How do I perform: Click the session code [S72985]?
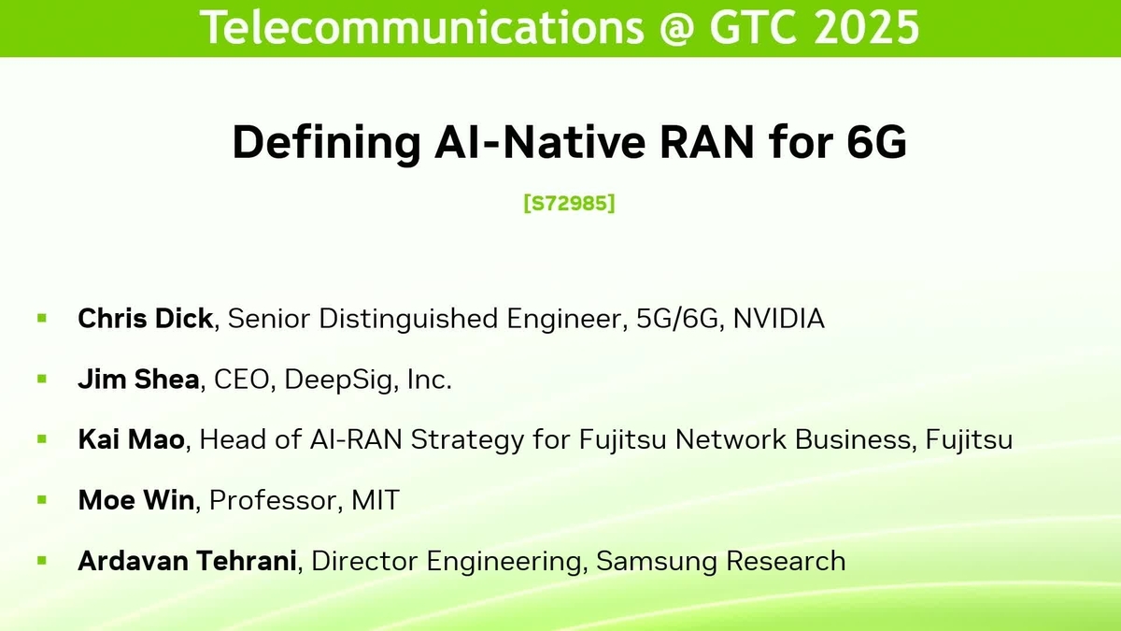click(x=569, y=203)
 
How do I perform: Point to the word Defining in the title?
click(x=317, y=143)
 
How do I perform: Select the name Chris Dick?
click(x=145, y=319)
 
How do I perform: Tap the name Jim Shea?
click(x=138, y=380)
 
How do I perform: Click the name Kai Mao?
click(x=131, y=440)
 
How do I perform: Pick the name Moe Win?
click(x=136, y=500)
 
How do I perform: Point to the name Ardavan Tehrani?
click(x=188, y=561)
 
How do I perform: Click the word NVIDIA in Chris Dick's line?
click(x=778, y=319)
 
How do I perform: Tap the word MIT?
click(x=376, y=500)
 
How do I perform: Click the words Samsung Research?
click(x=720, y=561)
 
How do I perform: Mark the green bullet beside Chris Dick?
click(x=41, y=319)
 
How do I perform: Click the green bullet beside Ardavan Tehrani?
click(x=41, y=561)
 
